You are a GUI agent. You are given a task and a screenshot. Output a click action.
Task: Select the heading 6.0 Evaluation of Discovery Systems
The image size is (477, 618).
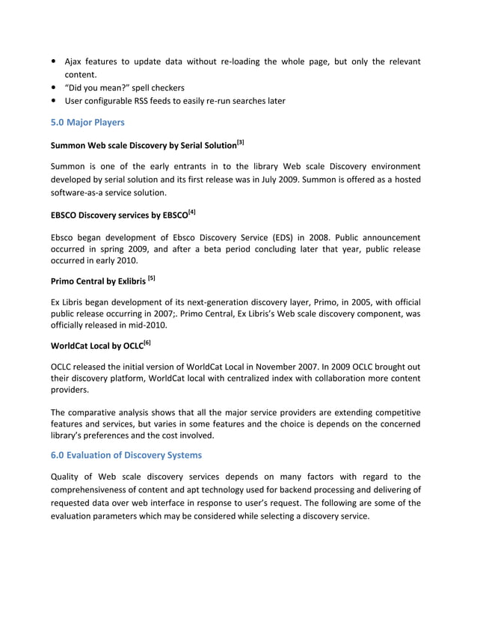[x=126, y=454]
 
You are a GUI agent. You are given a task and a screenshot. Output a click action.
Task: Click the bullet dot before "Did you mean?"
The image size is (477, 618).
[x=55, y=88]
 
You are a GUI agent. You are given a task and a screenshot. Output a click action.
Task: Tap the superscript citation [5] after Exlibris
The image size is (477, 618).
[x=152, y=278]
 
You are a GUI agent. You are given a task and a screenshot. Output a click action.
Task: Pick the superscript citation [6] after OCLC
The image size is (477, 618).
[x=147, y=343]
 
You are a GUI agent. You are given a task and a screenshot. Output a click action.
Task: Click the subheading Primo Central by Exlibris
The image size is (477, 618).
[x=97, y=281]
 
